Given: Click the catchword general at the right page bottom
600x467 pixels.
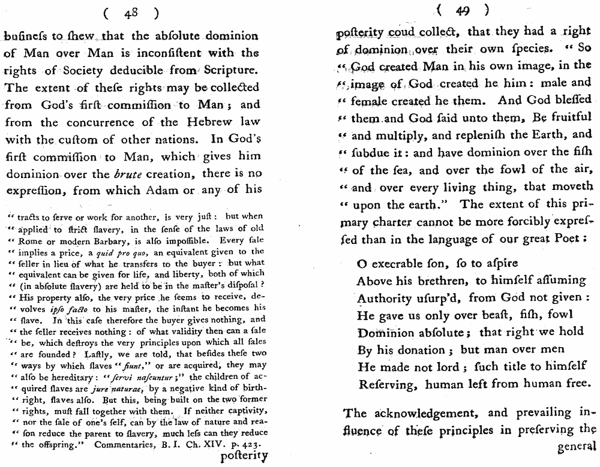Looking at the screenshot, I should pos(577,447).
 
